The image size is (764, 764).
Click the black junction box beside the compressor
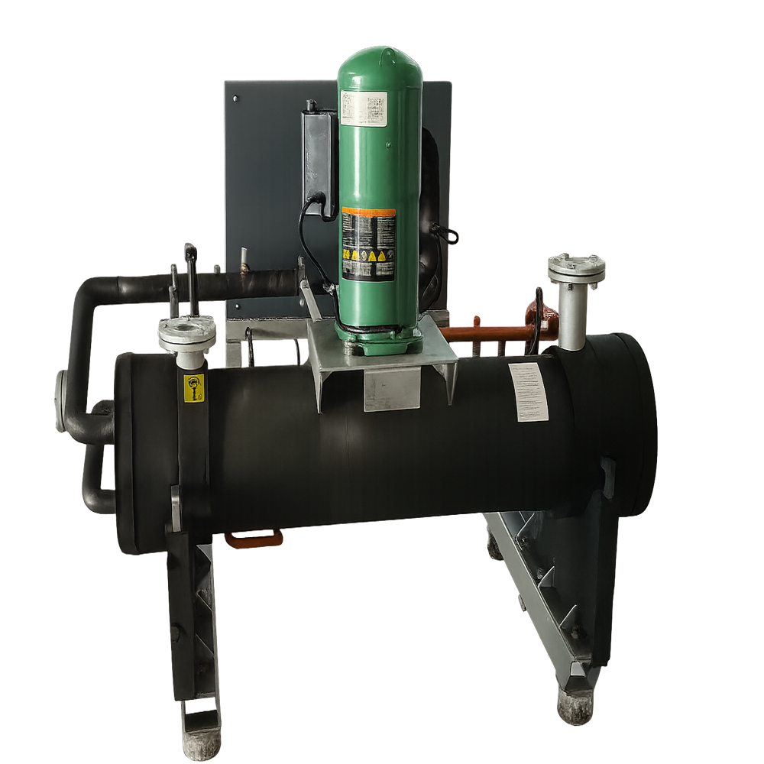click(x=318, y=153)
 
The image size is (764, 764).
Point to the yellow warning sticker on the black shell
click(x=195, y=388)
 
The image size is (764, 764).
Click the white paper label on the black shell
click(x=528, y=392)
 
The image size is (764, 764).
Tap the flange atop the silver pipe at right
click(x=576, y=268)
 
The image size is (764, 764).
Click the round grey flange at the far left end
click(x=62, y=400)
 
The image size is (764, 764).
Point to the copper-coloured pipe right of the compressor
click(x=481, y=333)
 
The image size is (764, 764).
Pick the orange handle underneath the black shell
click(x=253, y=538)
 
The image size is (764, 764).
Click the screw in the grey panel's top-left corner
click(x=235, y=99)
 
